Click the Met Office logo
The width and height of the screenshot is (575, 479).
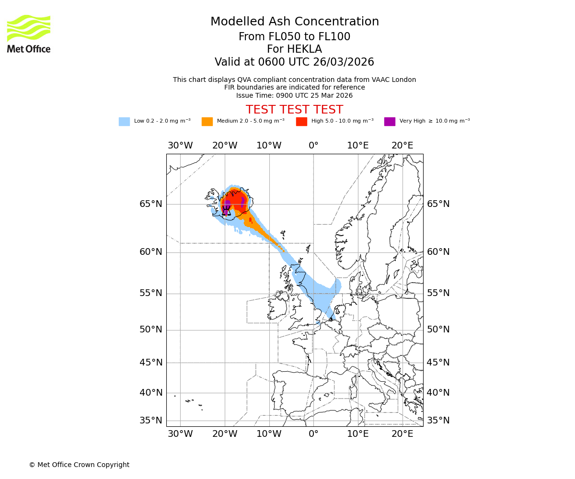29,34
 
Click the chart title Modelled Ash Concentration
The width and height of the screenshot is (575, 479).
294,22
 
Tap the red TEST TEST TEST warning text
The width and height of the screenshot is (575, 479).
294,110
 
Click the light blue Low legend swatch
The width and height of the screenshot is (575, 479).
124,122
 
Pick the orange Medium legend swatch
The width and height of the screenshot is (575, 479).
207,122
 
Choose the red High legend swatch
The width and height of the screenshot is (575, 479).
301,122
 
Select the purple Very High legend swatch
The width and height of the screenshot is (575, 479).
390,122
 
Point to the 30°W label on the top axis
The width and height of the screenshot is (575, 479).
180,146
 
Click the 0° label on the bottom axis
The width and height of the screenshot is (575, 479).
313,434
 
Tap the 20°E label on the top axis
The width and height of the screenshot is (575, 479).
402,146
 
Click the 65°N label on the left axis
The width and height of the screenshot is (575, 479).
151,204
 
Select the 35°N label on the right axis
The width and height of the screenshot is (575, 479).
438,421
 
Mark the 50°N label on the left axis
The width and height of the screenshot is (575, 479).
151,330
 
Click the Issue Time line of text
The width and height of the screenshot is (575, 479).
294,95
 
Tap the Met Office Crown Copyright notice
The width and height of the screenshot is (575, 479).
79,465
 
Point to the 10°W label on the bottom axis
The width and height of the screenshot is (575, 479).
269,434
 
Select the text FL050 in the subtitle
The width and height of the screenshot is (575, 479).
276,37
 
